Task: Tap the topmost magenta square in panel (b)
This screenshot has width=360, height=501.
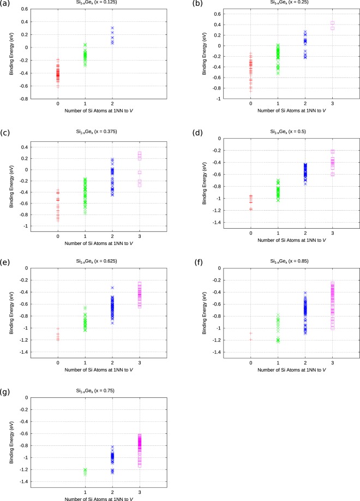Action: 332,23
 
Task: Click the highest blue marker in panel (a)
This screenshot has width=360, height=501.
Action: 112,28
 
